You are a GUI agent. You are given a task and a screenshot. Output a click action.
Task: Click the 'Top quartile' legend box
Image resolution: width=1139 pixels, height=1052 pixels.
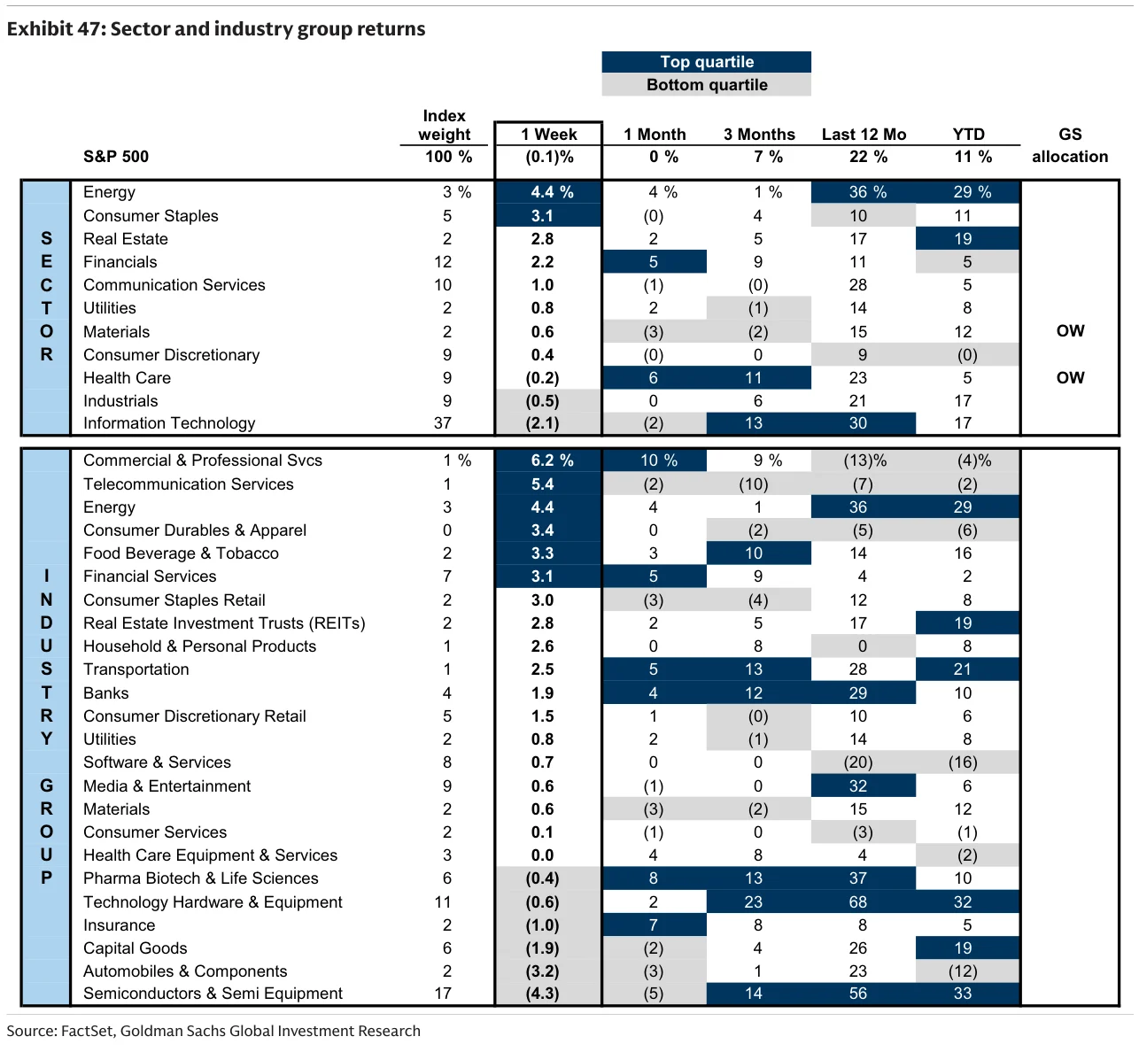coord(706,62)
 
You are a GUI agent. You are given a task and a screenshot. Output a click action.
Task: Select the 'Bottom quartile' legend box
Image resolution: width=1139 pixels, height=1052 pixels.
coord(706,85)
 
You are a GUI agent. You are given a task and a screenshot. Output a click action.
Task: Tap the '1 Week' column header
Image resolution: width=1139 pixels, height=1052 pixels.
coord(548,135)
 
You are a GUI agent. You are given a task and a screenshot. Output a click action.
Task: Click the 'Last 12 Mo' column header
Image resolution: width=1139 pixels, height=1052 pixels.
coord(864,135)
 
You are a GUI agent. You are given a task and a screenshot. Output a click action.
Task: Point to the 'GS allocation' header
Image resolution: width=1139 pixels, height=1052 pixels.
coord(1070,145)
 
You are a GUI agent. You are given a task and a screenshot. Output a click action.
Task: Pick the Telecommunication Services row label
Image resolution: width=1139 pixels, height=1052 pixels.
coord(188,484)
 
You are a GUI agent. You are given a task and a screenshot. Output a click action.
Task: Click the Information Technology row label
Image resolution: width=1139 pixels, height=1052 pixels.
coord(169,423)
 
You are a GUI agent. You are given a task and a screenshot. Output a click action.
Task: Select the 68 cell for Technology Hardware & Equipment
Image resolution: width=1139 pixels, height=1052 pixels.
coord(858,901)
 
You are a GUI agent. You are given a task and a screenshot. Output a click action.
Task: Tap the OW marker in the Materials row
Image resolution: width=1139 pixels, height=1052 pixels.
coord(1070,331)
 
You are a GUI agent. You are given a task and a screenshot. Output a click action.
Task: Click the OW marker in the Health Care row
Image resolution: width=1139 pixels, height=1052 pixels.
coord(1070,377)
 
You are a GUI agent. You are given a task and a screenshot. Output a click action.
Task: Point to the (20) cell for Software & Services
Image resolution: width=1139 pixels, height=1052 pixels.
coord(858,762)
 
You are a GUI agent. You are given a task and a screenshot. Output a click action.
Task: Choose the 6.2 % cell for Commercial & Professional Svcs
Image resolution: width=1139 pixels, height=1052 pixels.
coord(548,460)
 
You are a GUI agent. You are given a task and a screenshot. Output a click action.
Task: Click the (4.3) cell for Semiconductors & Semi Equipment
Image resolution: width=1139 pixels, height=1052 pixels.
coord(543,994)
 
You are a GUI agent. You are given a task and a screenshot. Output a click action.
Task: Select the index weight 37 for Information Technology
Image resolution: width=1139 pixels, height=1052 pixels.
coord(443,423)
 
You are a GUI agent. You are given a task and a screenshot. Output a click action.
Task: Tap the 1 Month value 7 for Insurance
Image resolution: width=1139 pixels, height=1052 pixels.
coord(654,925)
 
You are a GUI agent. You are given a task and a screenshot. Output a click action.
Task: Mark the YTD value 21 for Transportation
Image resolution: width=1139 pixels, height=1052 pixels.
coord(963,669)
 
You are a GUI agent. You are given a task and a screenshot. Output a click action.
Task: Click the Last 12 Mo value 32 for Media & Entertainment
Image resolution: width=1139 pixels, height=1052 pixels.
coord(858,785)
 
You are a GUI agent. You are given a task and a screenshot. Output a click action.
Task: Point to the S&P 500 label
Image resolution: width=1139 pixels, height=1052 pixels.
coord(116,157)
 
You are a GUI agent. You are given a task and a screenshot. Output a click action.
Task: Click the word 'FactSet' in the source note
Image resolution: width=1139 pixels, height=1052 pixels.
coord(88,1031)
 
